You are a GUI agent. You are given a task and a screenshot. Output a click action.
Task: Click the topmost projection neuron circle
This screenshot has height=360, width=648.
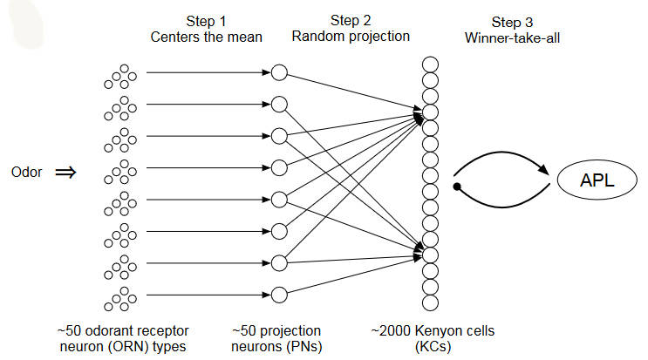tap(279, 73)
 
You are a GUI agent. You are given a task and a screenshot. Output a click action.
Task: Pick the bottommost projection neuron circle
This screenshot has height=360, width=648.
tap(279, 293)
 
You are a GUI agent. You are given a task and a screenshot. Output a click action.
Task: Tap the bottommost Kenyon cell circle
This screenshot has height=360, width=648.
tap(429, 302)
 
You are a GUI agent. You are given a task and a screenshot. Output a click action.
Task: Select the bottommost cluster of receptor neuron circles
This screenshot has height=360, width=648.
tap(121, 298)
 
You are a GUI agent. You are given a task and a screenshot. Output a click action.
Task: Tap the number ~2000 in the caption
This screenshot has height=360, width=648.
tap(389, 330)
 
